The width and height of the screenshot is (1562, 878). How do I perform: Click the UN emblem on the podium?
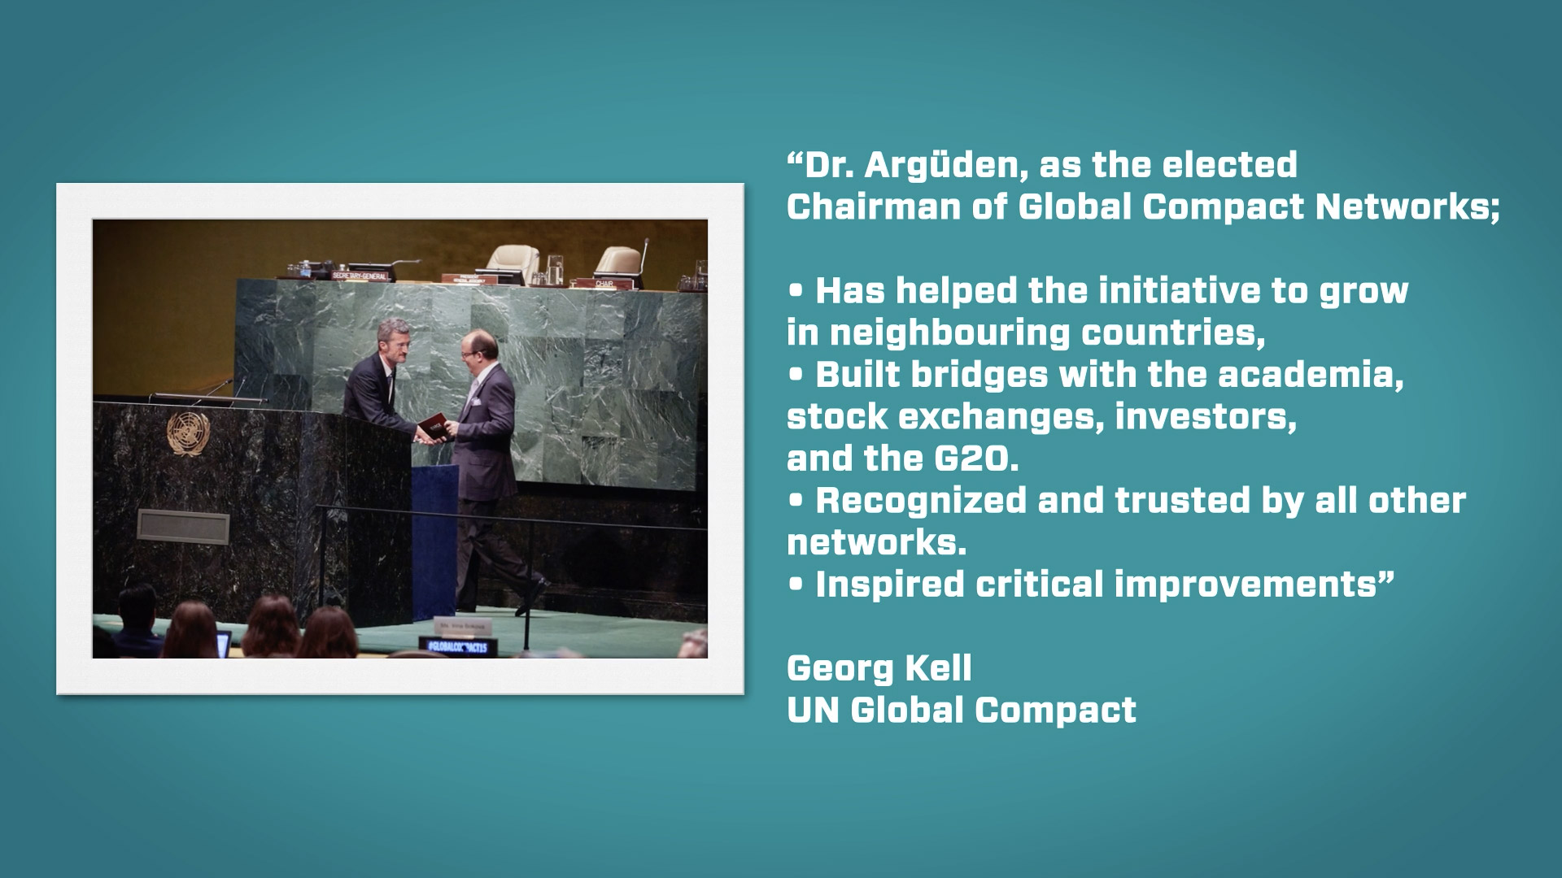click(x=188, y=432)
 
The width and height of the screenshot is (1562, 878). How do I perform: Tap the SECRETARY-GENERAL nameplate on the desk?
click(x=360, y=276)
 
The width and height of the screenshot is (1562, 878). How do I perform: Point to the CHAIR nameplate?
click(x=604, y=284)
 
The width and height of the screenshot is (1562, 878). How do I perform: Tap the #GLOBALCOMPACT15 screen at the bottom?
click(x=458, y=647)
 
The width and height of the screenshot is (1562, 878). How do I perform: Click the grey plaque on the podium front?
click(x=183, y=527)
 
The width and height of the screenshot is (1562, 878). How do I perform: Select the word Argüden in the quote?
click(x=939, y=166)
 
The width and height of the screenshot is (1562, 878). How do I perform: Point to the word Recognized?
click(x=921, y=502)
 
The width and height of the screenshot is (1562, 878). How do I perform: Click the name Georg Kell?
click(x=879, y=669)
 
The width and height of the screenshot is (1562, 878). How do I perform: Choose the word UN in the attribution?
click(x=814, y=711)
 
